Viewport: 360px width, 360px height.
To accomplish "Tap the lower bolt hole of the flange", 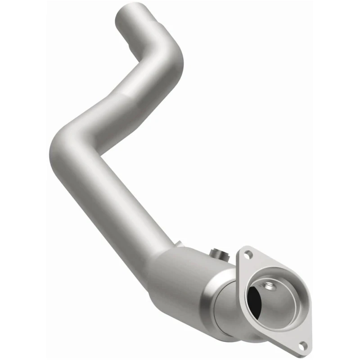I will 304,346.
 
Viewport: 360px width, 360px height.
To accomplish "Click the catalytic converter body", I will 189,279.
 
